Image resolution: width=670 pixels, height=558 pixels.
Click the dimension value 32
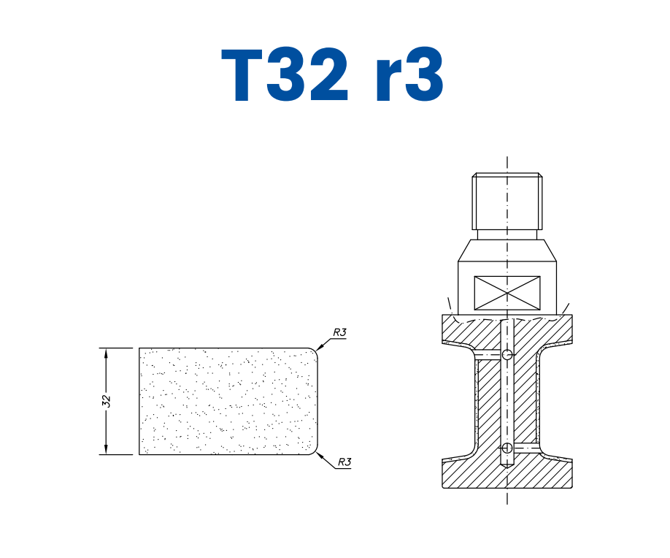pos(107,401)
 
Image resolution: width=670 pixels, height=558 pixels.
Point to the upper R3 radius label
pos(339,332)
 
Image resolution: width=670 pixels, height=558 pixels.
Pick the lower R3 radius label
pos(344,462)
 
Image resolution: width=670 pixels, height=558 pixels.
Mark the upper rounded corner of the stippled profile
pos(315,352)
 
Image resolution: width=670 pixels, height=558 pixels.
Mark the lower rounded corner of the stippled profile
pos(315,450)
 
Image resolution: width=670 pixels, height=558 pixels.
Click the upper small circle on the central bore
pos(507,355)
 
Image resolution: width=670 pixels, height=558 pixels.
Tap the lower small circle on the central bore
pos(507,447)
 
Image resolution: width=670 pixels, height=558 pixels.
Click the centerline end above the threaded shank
pos(507,159)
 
